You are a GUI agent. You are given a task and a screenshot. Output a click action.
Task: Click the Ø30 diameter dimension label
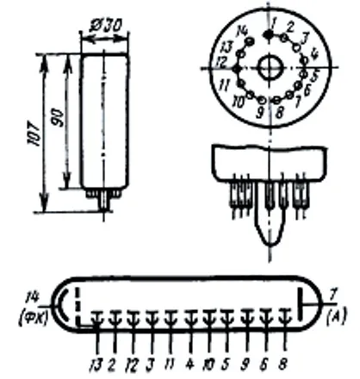105,25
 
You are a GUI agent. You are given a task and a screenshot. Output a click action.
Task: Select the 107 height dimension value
35,134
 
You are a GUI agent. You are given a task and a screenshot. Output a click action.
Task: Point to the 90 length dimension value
59,118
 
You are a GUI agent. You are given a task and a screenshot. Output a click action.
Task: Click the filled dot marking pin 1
269,35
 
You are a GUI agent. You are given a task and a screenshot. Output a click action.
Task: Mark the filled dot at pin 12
237,69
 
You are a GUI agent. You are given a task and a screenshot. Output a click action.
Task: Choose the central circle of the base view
270,68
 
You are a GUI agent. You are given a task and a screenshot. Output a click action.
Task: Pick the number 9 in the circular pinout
260,113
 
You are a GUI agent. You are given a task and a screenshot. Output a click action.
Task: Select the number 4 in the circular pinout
314,53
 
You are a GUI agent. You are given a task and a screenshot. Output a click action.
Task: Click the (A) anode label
337,315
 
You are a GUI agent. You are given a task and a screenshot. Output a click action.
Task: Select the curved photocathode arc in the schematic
62,305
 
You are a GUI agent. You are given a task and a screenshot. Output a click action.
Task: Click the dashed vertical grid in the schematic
77,305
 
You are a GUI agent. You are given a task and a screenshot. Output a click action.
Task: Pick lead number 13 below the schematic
96,364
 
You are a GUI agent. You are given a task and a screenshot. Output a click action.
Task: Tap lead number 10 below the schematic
208,364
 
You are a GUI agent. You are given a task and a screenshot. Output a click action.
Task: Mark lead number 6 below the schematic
264,364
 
